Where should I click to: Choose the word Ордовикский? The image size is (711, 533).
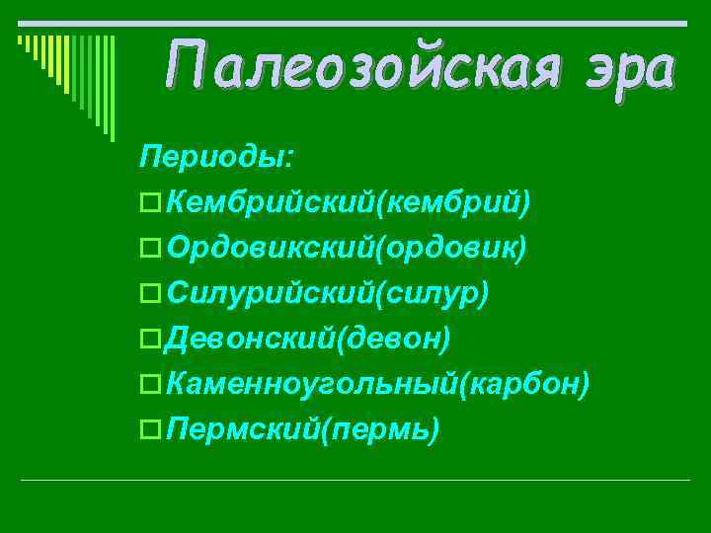pos(265,248)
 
